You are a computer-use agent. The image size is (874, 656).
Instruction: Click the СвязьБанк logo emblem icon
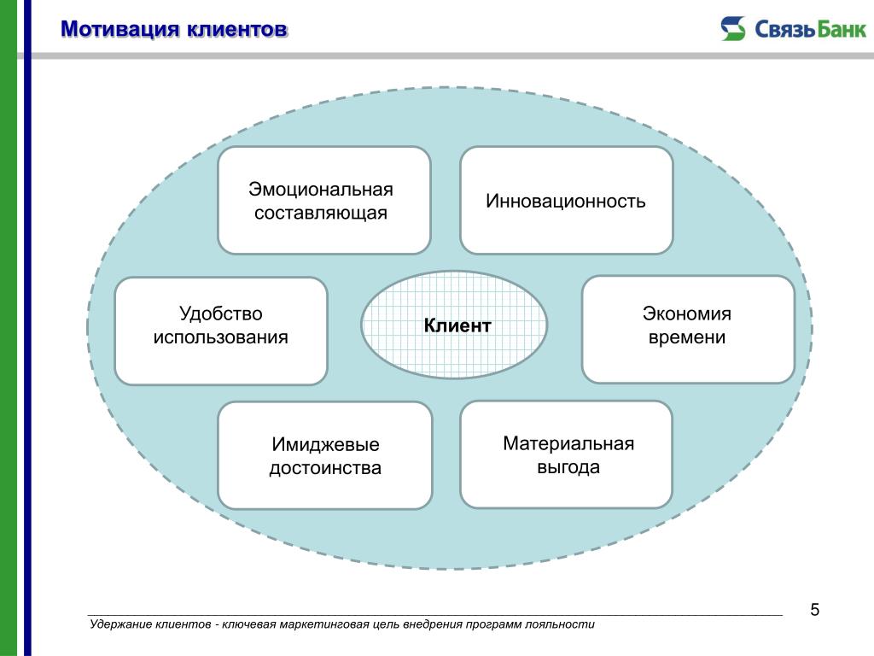[x=733, y=28]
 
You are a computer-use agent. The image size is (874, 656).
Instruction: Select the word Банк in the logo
[x=842, y=29]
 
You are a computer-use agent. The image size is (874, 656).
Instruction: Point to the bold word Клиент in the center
[x=457, y=325]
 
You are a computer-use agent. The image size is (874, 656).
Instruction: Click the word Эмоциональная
[x=321, y=190]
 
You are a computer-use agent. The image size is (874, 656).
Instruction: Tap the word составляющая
[x=321, y=213]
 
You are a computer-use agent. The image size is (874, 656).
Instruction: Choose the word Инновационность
[x=566, y=201]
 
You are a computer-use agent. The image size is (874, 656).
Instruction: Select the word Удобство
[x=221, y=313]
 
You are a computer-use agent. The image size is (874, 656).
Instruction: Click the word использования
[x=221, y=337]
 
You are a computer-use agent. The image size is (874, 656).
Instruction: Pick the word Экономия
[x=687, y=313]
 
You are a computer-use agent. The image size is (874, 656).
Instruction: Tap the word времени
[x=687, y=337]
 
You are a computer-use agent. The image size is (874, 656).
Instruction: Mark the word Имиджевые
[x=325, y=444]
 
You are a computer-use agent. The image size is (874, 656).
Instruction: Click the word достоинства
[x=325, y=468]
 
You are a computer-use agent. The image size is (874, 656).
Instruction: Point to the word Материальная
[x=568, y=443]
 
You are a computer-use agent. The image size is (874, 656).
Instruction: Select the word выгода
[x=568, y=467]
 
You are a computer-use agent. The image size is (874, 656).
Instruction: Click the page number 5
[x=815, y=610]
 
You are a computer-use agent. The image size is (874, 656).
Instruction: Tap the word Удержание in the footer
[x=120, y=624]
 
